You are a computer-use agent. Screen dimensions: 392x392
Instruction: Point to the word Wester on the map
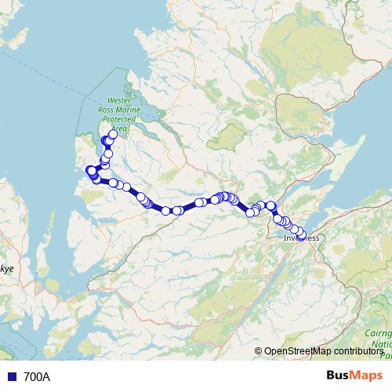click(119, 100)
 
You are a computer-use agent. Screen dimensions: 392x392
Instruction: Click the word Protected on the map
click(122, 119)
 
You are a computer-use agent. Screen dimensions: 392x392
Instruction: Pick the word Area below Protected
click(118, 128)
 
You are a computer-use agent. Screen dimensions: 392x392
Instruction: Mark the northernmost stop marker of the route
click(113, 134)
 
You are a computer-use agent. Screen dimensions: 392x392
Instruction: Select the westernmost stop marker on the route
click(91, 170)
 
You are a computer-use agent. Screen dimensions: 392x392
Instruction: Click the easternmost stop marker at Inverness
click(302, 236)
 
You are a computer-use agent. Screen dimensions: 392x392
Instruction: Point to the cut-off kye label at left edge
click(6, 269)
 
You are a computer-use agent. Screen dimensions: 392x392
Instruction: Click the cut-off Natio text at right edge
click(383, 343)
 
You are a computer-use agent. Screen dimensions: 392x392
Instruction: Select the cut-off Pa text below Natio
click(386, 354)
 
